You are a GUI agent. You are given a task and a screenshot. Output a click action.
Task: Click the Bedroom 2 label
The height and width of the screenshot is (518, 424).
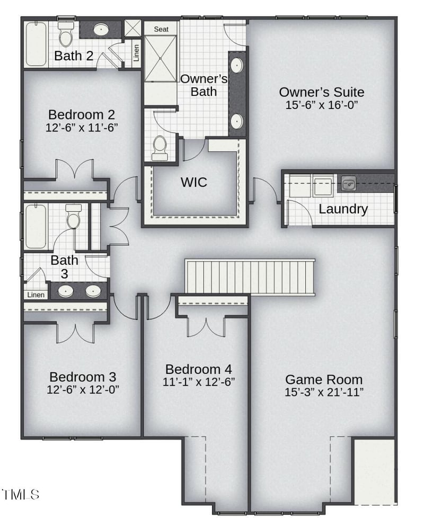coord(82,114)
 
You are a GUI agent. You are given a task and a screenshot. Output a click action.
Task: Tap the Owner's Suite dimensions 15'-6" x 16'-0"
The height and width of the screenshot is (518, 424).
coord(322,105)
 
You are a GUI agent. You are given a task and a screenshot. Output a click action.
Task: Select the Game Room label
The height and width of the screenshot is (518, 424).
coord(324,379)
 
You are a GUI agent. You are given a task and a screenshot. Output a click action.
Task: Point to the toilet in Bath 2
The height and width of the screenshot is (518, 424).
coord(65,33)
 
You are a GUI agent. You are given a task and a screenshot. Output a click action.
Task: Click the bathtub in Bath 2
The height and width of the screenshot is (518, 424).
coord(36,44)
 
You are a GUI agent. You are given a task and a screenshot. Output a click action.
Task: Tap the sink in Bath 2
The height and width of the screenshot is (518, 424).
coord(101,30)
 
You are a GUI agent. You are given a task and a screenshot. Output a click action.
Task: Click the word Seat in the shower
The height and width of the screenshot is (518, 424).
coord(161,29)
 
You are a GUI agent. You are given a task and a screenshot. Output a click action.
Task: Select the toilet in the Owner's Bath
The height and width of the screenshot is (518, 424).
coord(160,148)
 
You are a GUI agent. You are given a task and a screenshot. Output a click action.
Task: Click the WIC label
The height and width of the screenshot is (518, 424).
coord(194,182)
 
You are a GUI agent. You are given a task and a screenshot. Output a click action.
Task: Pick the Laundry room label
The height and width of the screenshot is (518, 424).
coord(343,209)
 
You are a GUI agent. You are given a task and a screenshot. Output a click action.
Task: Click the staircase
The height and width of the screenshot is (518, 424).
coord(250,277)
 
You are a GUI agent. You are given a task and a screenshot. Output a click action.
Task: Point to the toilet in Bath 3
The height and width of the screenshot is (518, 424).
coord(73,217)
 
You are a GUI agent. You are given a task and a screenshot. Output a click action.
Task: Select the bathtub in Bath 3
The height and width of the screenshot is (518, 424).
coord(36,226)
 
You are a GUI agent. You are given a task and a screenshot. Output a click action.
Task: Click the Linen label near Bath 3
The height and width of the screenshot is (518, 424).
coord(36,294)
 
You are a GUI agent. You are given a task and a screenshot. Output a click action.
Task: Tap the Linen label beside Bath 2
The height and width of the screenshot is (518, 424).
coord(136,52)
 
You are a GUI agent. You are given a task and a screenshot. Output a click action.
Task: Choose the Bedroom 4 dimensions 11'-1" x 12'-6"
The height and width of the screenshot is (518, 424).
coord(199,382)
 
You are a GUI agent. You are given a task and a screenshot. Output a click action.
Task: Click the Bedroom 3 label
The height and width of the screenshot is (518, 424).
coord(83,377)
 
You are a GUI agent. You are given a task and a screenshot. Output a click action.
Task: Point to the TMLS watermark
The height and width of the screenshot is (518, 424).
coord(21,494)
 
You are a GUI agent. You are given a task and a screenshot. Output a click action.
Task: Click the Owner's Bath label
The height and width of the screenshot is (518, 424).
coord(204,85)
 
